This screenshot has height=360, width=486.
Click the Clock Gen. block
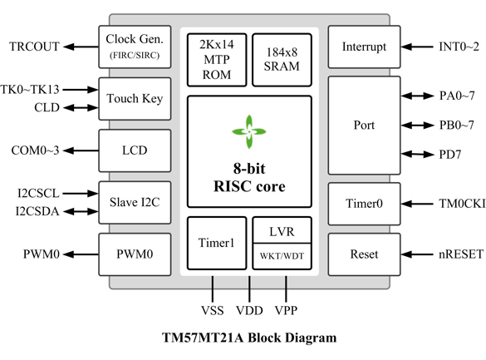(x=135, y=47)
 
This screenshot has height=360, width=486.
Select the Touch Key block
(x=135, y=99)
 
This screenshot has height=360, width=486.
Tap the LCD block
(x=135, y=150)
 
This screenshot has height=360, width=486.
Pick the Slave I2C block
(x=135, y=203)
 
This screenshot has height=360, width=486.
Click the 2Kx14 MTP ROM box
(x=217, y=60)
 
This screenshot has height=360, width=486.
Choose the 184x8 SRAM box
(x=282, y=60)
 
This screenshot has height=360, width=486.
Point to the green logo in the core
(x=249, y=132)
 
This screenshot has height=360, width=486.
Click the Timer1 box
(x=217, y=243)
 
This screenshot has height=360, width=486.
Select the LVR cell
(x=282, y=229)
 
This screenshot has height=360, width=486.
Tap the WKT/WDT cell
(x=282, y=256)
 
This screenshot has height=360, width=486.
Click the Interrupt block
(x=364, y=47)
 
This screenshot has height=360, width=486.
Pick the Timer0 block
(x=364, y=204)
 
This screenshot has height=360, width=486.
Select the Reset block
(x=364, y=254)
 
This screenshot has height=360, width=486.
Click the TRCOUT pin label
(x=34, y=47)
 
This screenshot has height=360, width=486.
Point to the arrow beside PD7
(x=417, y=154)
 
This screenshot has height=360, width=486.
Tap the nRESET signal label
(x=461, y=254)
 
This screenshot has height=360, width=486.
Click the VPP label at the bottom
(x=286, y=310)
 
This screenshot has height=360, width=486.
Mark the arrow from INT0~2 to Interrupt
(x=417, y=47)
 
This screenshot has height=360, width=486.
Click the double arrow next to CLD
(x=81, y=107)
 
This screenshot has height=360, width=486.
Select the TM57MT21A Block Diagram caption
(x=249, y=338)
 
